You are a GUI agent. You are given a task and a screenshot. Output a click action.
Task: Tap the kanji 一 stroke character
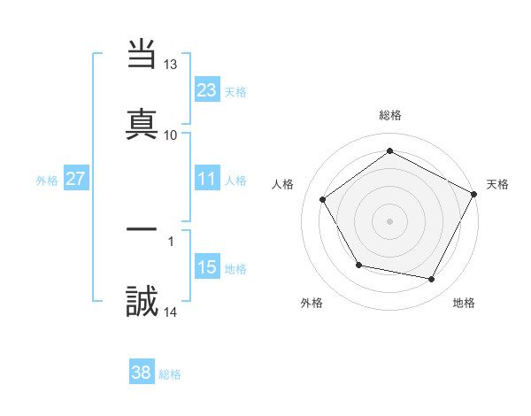pos(142,229)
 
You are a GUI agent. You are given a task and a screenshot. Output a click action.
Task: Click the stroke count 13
pos(171,65)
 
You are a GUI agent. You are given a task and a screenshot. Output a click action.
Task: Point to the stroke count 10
pos(171,135)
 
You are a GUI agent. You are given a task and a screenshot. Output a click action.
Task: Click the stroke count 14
pos(171,312)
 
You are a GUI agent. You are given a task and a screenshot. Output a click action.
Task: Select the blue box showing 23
pos(207,89)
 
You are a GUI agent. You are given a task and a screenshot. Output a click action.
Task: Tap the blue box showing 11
pos(207,179)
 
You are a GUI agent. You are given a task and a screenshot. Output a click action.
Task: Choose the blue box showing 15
pos(207,267)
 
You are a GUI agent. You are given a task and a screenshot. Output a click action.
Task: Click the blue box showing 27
pos(76,179)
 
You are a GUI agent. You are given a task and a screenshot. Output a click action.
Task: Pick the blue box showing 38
pos(142,373)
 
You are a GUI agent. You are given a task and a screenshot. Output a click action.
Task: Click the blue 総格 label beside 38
pos(170,374)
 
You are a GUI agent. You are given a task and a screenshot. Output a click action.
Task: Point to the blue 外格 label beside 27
pos(47,181)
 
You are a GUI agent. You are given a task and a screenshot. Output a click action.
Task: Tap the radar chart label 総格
pos(390,115)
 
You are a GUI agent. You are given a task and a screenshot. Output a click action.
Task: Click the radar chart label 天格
pos(498,184)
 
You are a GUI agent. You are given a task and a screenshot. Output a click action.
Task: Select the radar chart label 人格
pos(283,184)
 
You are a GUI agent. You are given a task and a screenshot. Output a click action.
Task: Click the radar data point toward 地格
pos(432,280)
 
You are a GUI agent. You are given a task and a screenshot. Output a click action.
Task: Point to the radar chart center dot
pos(390,221)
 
